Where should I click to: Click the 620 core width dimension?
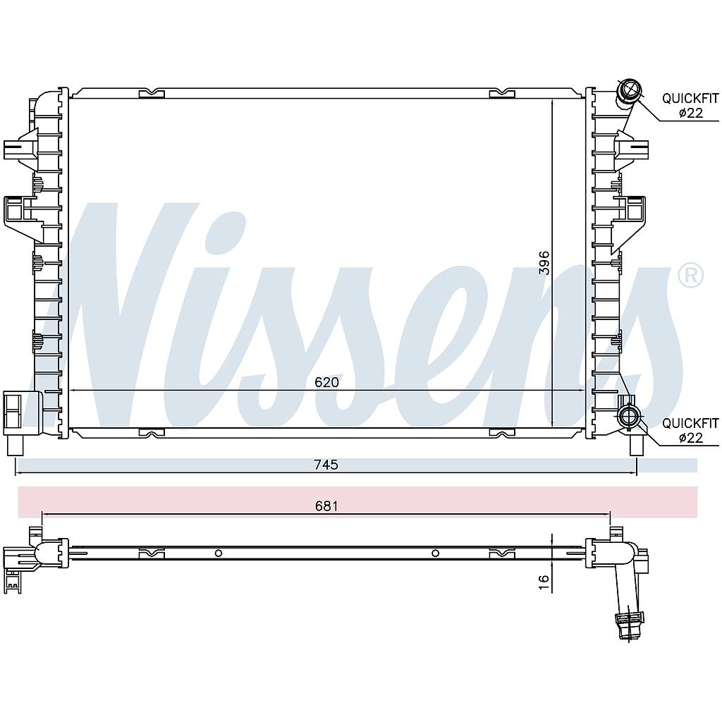tap(326, 382)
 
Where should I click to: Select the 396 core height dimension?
tap(544, 263)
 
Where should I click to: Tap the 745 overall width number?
tap(326, 465)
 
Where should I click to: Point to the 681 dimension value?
tap(326, 506)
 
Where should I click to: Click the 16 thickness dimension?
tap(544, 580)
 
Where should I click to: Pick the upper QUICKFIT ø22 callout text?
tap(690, 105)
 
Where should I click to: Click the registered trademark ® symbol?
tap(691, 276)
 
